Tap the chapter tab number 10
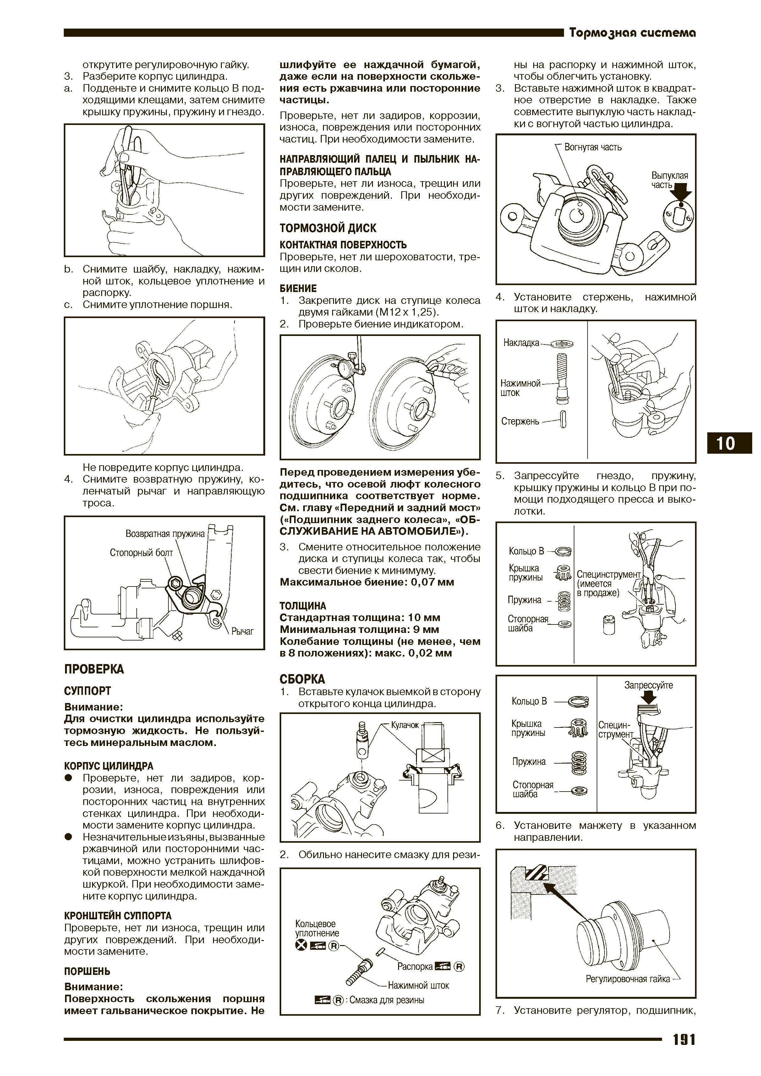coord(725,443)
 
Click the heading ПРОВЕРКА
coord(94,669)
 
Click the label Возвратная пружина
coord(165,533)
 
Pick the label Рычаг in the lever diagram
coord(243,631)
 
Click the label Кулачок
coord(405,725)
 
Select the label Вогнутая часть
coord(593,147)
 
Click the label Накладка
coord(521,343)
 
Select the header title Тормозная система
coord(632,33)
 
